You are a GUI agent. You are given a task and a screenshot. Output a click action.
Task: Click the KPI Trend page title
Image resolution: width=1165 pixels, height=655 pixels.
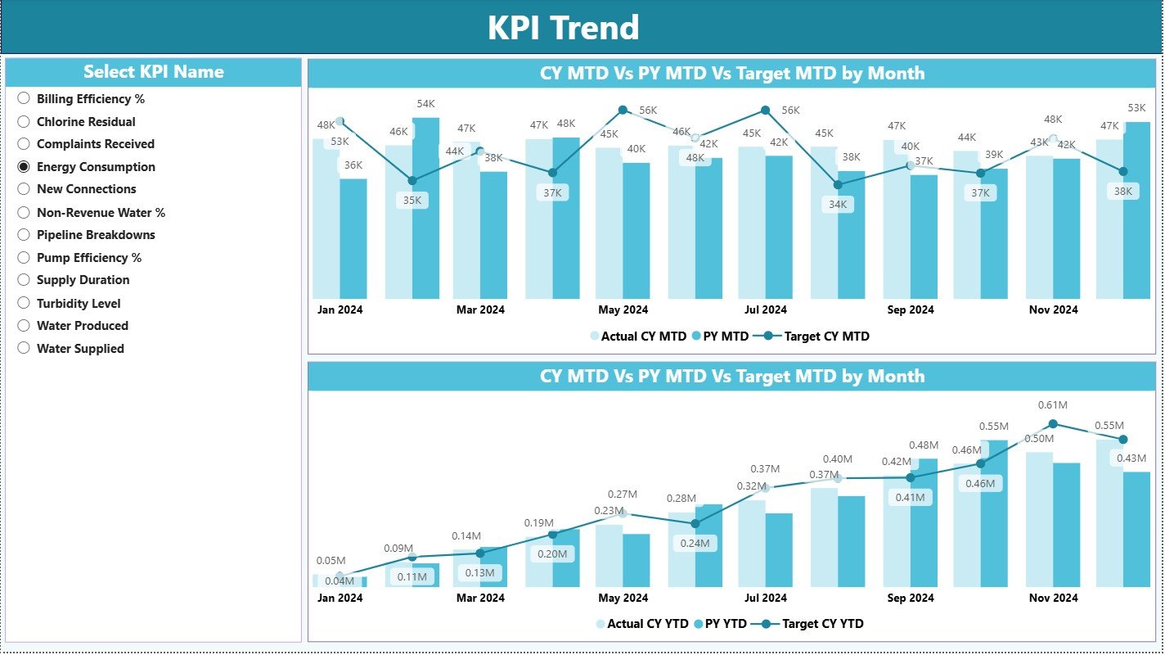point(563,28)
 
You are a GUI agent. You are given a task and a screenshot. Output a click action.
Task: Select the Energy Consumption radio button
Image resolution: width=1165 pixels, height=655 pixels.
point(24,166)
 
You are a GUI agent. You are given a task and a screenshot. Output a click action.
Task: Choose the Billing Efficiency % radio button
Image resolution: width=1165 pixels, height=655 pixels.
point(24,98)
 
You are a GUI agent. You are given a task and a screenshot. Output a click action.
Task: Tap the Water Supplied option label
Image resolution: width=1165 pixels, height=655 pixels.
point(80,348)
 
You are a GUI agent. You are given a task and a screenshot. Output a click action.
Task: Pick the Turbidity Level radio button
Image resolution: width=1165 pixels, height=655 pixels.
point(24,303)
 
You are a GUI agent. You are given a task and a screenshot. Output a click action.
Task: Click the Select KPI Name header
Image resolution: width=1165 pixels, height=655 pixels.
point(153,72)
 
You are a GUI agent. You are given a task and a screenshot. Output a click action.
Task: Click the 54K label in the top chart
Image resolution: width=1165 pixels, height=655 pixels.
point(425,104)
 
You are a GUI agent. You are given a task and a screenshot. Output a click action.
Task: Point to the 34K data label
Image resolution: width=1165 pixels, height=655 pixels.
point(838,205)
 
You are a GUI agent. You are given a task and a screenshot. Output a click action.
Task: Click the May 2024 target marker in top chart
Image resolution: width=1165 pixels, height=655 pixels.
point(623,110)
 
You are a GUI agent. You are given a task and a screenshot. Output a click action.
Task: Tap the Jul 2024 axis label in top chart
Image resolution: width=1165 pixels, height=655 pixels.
point(765,309)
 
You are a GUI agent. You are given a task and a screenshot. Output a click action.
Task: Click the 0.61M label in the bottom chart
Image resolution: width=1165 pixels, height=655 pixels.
point(1053,405)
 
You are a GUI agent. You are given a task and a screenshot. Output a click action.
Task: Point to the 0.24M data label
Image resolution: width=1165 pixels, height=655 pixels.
point(695,543)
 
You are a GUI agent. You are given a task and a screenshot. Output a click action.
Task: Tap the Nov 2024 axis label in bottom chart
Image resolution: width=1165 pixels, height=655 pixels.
point(1053,598)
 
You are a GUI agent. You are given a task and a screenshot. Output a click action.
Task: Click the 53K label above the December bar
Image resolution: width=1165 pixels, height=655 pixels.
point(1136,108)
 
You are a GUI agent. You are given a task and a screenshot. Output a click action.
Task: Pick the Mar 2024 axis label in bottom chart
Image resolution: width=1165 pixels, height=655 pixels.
point(480,598)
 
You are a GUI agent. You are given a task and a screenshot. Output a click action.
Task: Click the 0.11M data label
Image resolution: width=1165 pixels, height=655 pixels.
point(412,576)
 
